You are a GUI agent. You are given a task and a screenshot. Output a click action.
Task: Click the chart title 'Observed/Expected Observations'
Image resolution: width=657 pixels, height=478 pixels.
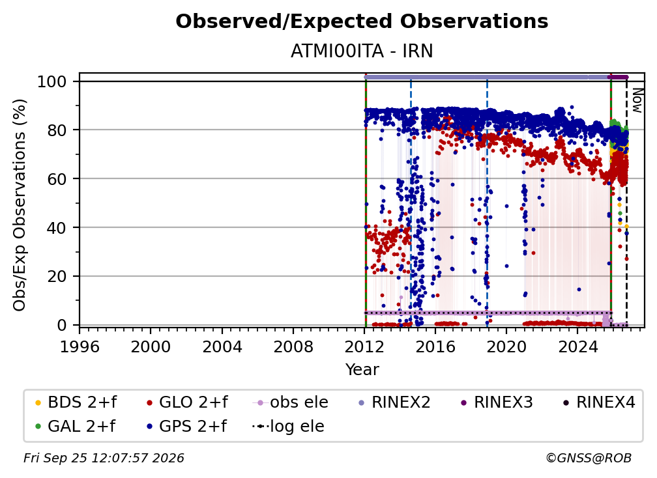point(362,21)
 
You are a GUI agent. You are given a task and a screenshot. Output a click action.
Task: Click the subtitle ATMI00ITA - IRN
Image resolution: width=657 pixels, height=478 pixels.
point(362,51)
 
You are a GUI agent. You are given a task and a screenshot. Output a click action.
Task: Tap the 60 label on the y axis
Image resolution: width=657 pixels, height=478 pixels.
point(57,178)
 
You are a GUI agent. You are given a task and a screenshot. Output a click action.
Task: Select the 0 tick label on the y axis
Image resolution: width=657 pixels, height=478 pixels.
point(62,325)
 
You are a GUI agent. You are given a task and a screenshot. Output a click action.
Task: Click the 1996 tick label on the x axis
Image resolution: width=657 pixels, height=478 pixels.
point(80,347)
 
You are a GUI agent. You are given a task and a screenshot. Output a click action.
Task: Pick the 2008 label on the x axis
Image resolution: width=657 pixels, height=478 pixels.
point(293,347)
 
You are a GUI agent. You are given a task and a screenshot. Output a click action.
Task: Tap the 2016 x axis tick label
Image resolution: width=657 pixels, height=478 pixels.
point(435,347)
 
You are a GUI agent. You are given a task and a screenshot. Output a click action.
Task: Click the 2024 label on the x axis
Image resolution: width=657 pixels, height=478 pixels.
point(577,347)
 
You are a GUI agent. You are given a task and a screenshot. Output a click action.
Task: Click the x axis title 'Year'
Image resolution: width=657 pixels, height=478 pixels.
point(362,370)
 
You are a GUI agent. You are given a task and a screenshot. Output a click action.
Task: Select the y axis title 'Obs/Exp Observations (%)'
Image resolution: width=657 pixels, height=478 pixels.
point(20,205)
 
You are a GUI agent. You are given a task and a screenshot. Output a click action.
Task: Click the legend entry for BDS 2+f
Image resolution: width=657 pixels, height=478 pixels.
point(76,402)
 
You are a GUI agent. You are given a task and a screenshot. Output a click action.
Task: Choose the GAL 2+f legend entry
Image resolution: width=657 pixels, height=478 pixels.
point(76,427)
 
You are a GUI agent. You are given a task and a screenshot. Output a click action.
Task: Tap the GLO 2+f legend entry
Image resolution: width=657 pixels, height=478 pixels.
point(187,402)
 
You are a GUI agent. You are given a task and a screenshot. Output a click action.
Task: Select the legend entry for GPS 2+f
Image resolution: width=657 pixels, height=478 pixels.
point(186,427)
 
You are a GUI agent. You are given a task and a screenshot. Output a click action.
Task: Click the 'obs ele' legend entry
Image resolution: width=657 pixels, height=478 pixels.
point(291,402)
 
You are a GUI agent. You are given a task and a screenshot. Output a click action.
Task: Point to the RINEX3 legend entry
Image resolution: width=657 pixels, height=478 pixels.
point(496,402)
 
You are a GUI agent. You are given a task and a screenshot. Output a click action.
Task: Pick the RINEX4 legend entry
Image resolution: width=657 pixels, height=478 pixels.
point(599,402)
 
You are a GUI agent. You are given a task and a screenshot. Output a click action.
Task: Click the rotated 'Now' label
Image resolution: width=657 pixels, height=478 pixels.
point(637,100)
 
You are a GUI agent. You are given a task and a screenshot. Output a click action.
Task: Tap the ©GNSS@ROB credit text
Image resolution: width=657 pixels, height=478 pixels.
point(589,458)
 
